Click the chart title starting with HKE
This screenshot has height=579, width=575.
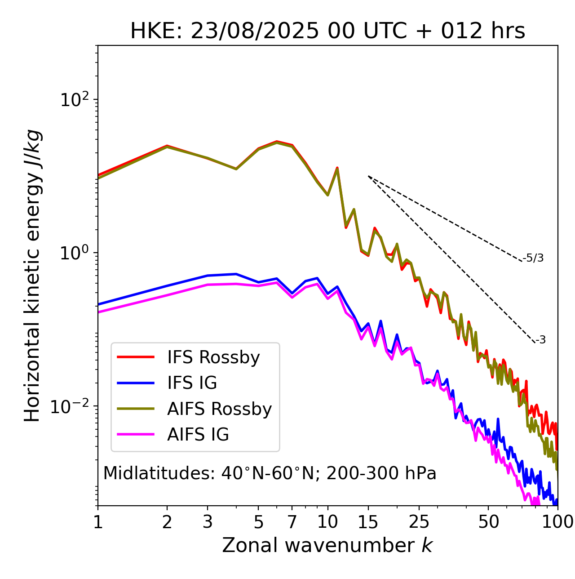pos(327,31)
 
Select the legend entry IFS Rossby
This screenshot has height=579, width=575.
pos(213,357)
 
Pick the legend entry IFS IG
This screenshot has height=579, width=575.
pos(192,383)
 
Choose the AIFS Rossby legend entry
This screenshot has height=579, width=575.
pos(219,409)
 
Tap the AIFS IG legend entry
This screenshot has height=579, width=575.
pos(198,435)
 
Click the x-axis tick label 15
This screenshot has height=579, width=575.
pos(368,522)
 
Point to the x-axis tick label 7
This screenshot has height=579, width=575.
pos(292,522)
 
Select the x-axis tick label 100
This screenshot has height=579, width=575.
pos(557,522)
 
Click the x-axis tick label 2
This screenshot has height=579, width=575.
pos(167,522)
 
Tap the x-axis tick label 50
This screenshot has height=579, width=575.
pos(488,522)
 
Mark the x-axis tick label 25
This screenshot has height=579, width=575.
pos(419,522)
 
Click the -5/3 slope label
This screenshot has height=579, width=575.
pos(533,258)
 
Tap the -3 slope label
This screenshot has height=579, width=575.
pos(540,340)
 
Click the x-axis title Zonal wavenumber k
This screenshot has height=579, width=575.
pos(327,545)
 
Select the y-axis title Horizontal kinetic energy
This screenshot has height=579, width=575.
pos(33,276)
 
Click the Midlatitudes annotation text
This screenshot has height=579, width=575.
pos(270,473)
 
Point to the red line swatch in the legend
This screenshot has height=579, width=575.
pos(136,357)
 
